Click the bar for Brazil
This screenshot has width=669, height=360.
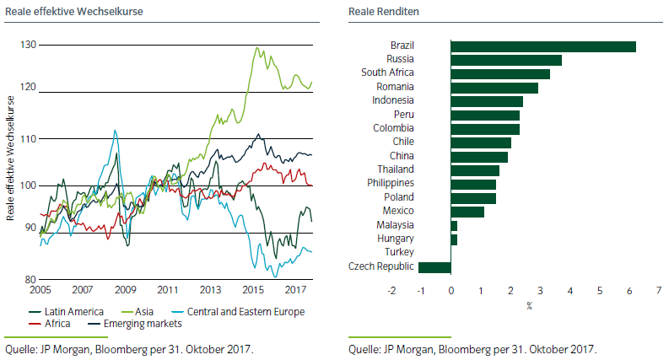point(543,46)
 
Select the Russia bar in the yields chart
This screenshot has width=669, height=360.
point(506,60)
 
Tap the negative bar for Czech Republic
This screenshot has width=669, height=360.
point(434,267)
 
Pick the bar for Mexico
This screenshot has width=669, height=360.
point(467,212)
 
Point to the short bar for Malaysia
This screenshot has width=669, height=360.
point(454,225)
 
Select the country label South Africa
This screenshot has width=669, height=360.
point(387,73)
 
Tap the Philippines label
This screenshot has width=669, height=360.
point(391,184)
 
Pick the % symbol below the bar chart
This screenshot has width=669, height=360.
point(530,305)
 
